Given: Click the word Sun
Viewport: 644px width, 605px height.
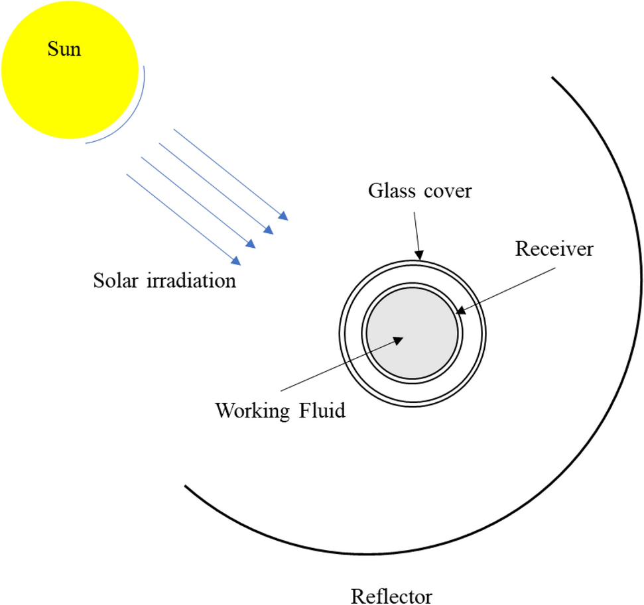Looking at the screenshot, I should coord(64,49).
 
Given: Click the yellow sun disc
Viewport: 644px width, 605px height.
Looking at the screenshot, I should coord(70,80).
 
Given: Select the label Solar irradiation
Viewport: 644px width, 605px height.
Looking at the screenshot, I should coord(164,280).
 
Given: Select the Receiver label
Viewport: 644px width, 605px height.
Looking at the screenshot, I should coord(554,249).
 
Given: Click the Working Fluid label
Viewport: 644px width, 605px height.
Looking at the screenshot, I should coord(280,411).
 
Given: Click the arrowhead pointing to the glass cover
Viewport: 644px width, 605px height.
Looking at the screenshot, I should coord(419,253).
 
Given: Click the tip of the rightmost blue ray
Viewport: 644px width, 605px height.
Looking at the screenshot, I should coord(286,217).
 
